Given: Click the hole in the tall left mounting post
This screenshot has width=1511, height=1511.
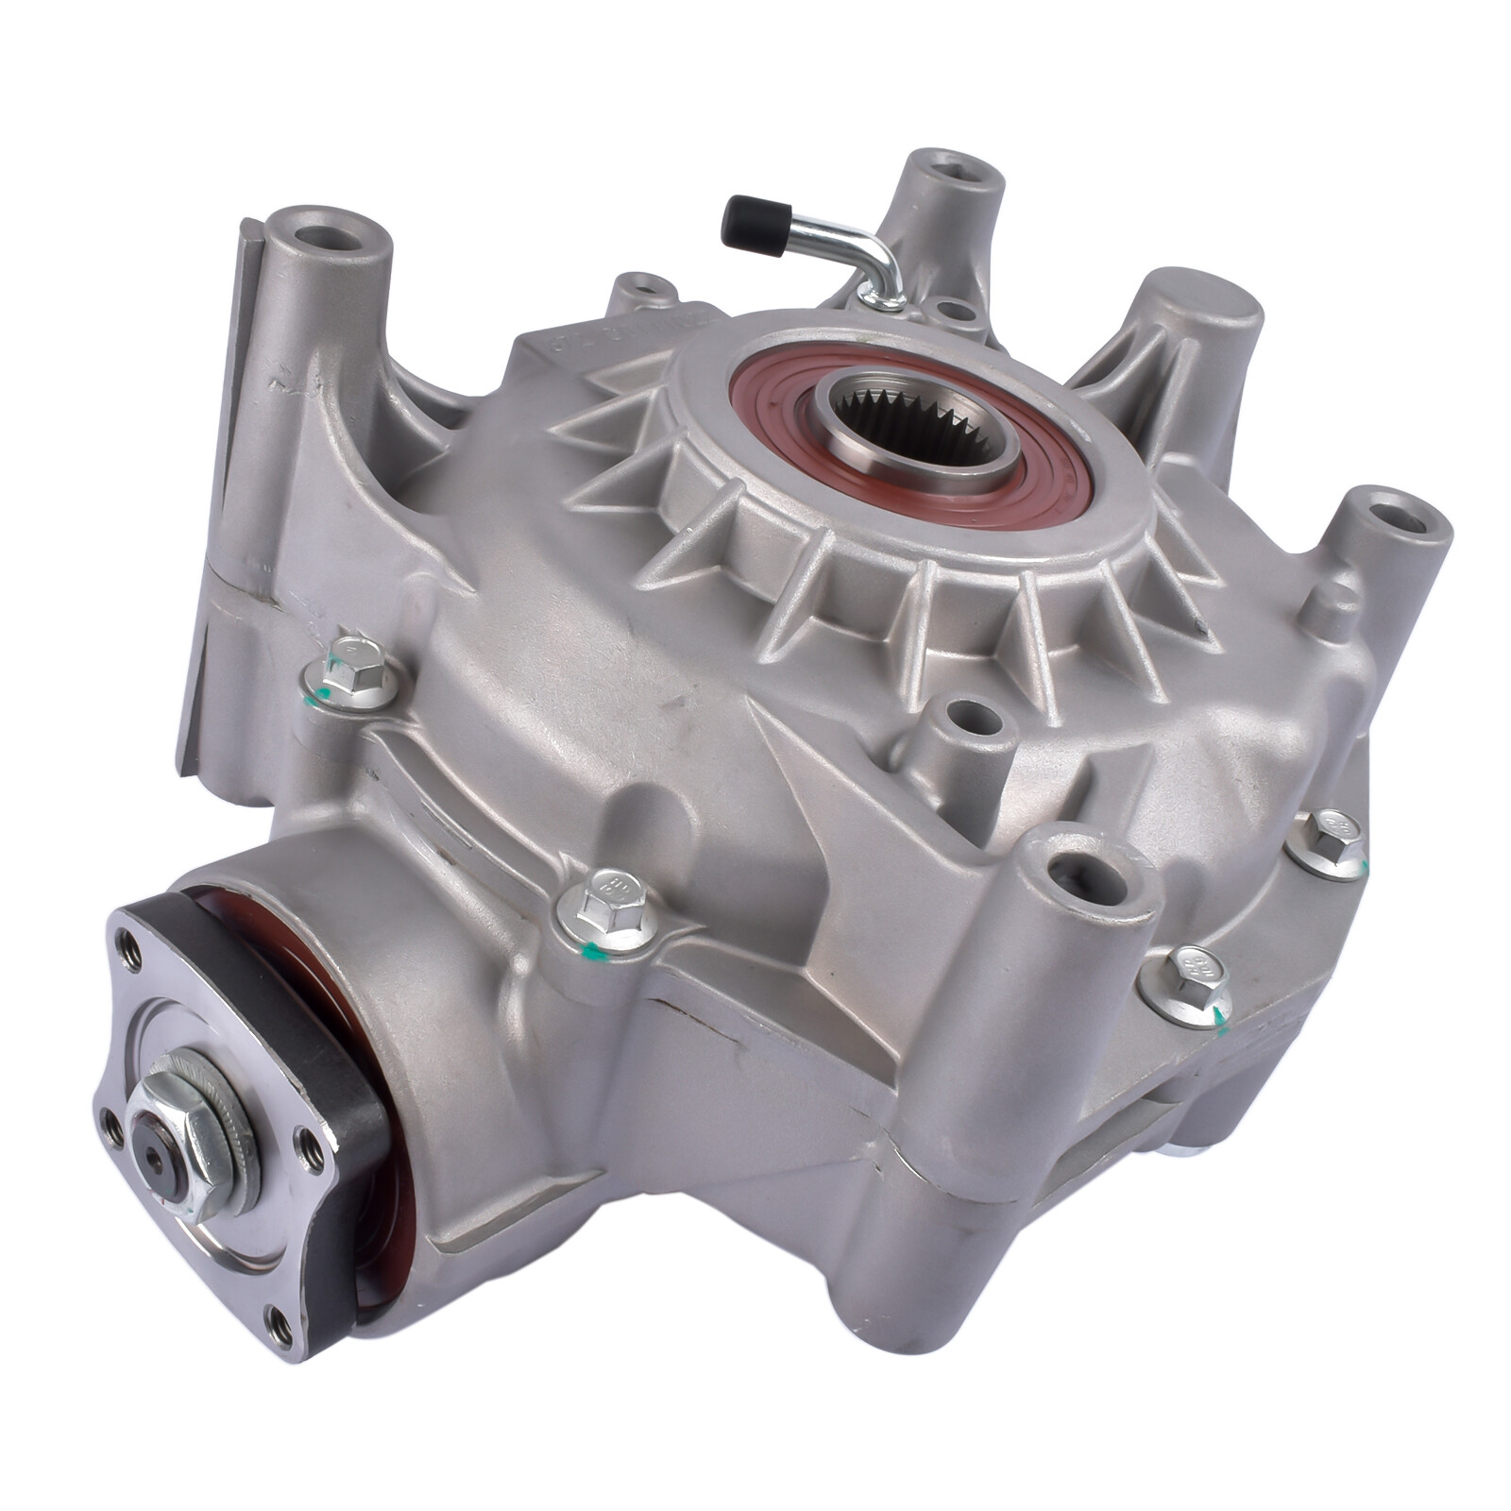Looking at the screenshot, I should click(330, 237).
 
